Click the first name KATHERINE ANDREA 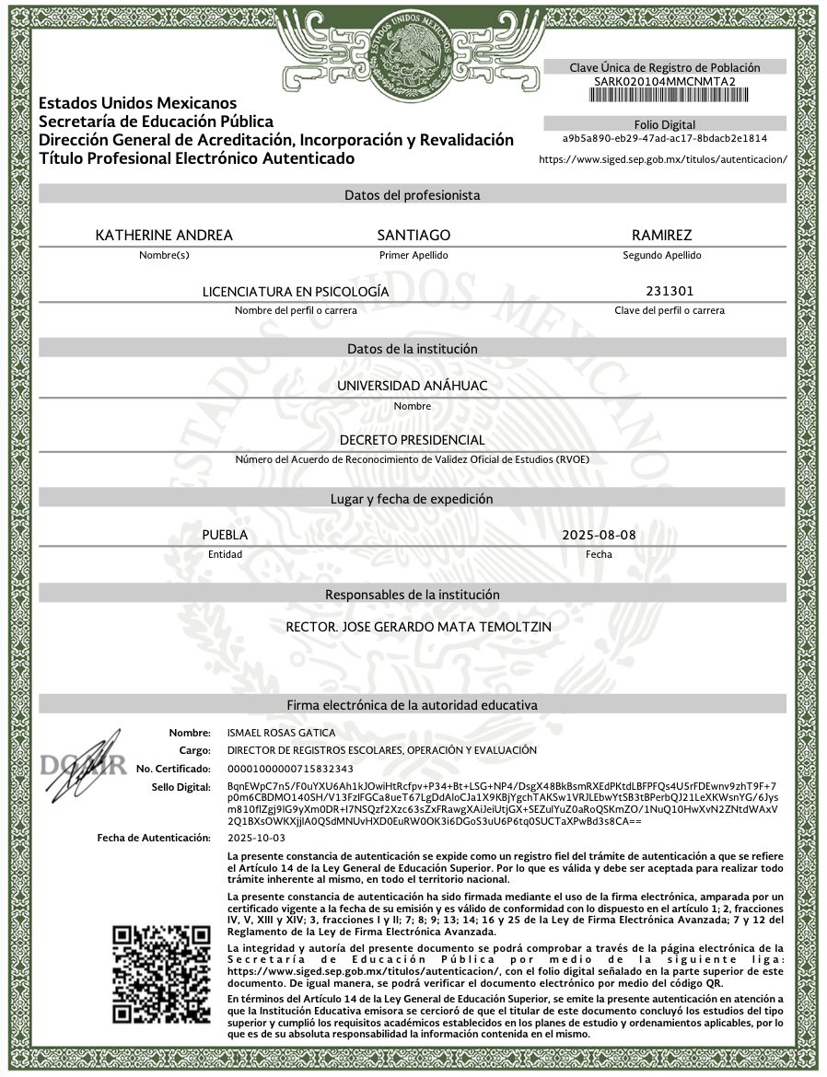pyautogui.click(x=164, y=236)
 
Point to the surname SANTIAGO pyautogui.click(x=413, y=236)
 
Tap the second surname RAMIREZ pyautogui.click(x=661, y=236)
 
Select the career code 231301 pyautogui.click(x=670, y=292)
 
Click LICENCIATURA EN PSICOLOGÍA pyautogui.click(x=296, y=292)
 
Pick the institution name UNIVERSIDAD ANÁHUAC pyautogui.click(x=412, y=386)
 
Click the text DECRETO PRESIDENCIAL pyautogui.click(x=412, y=441)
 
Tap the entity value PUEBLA pyautogui.click(x=225, y=535)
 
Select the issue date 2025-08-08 pyautogui.click(x=599, y=535)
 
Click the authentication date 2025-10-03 pyautogui.click(x=256, y=838)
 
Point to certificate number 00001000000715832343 pyautogui.click(x=289, y=768)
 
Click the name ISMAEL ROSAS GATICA pyautogui.click(x=281, y=733)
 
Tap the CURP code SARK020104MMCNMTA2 pyautogui.click(x=665, y=81)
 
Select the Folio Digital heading pyautogui.click(x=665, y=124)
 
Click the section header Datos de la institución pyautogui.click(x=412, y=349)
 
